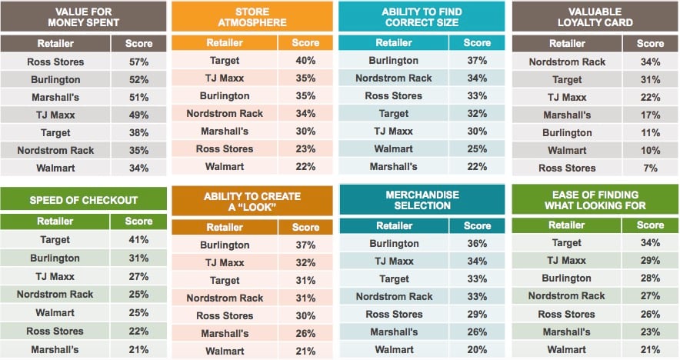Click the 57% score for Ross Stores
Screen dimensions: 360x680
[x=138, y=62]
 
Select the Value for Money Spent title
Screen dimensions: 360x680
[x=82, y=17]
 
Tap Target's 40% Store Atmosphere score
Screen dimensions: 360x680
[x=305, y=60]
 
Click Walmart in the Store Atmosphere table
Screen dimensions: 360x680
[x=224, y=166]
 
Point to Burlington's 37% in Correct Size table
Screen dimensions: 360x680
[x=477, y=60]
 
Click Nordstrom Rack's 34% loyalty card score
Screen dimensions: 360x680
[x=650, y=62]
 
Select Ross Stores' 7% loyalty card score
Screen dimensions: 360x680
[x=650, y=168]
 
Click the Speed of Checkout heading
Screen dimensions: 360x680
[x=83, y=200]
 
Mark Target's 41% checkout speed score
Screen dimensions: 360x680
[x=138, y=240]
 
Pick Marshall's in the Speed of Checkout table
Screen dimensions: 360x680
[x=55, y=349]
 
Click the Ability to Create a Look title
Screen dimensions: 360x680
[x=252, y=202]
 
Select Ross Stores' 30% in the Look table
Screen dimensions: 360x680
[x=305, y=315]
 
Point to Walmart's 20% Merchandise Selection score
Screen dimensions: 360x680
[x=477, y=349]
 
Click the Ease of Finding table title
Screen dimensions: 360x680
[x=595, y=200]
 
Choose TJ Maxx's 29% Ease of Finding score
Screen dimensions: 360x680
[x=650, y=261]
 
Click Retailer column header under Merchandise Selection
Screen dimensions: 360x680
[x=394, y=225]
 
